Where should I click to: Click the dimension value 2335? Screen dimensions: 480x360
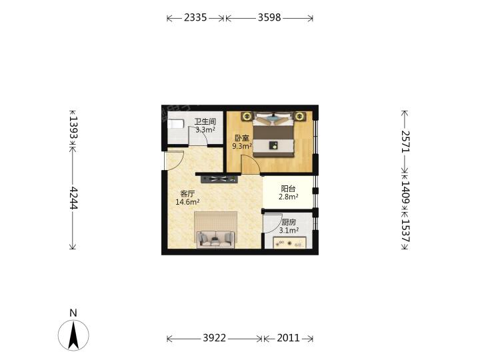pos(195,17)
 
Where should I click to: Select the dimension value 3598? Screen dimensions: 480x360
pos(269,17)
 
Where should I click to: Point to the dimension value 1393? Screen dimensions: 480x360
pos(73,127)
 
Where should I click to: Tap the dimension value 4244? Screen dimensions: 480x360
pos(73,198)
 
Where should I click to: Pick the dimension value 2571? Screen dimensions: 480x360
pos(405,141)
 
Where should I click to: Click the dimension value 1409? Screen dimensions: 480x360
pos(405,193)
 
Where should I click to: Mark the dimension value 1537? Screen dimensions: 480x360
pos(405,230)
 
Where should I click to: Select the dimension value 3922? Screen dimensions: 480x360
pos(214,338)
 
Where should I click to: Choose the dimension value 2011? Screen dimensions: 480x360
pos(288,338)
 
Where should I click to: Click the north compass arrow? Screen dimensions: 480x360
pos(73,335)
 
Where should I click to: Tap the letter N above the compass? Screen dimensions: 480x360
pos(73,313)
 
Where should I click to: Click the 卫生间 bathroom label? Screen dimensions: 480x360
pos(205,121)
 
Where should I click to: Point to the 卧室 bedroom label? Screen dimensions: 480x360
pos(242,138)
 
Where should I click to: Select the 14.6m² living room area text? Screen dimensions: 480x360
pos(187,202)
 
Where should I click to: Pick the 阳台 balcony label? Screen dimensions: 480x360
pos(288,189)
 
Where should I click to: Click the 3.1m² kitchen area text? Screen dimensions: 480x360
pos(289,230)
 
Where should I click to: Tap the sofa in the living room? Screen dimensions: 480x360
pos(216,239)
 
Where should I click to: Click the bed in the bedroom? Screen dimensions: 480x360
pos(273,135)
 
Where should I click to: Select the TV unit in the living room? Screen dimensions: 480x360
pos(219,179)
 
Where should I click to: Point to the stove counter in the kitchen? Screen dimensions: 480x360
pos(289,243)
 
